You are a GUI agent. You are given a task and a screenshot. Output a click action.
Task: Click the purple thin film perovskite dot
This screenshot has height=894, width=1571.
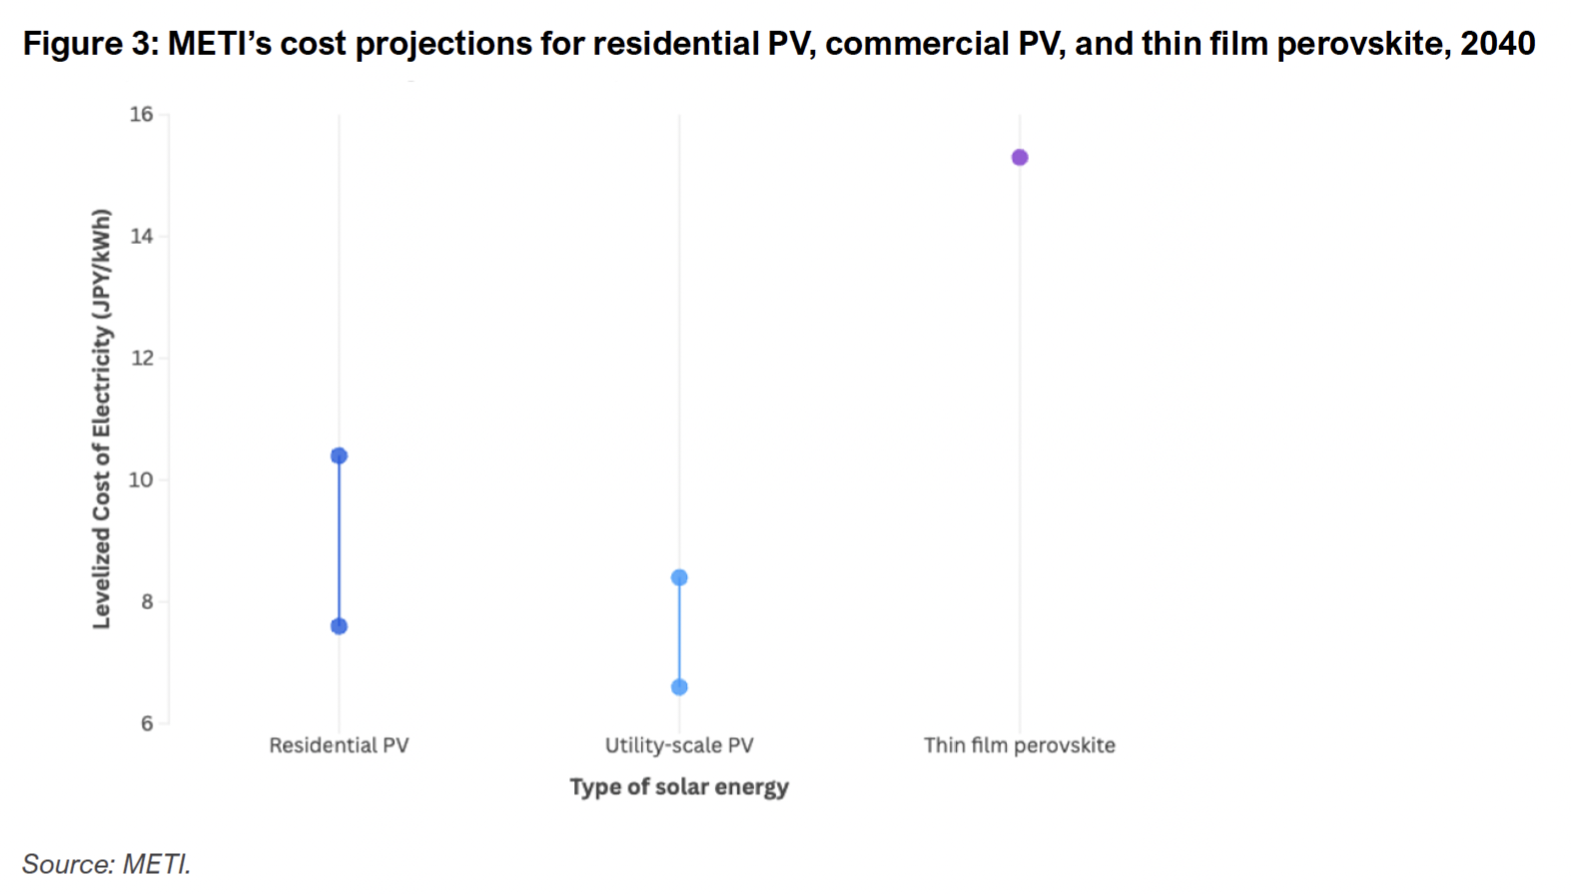point(1019,157)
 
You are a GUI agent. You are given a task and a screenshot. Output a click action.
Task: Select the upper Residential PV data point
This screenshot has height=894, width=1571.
point(339,455)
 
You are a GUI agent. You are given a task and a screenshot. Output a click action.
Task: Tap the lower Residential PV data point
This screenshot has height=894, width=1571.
point(339,626)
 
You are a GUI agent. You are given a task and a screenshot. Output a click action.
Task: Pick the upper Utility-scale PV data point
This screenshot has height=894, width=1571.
point(679,577)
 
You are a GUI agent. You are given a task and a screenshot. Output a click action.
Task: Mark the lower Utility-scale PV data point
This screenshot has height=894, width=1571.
point(679,687)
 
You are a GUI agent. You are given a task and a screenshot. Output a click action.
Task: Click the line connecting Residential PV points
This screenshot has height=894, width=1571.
point(339,540)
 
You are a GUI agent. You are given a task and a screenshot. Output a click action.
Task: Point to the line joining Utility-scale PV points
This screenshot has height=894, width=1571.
point(679,632)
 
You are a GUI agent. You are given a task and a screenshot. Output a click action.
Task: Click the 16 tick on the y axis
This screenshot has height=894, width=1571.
point(142,115)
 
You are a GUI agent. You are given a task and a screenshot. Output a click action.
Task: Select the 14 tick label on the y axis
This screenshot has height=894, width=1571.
point(142,237)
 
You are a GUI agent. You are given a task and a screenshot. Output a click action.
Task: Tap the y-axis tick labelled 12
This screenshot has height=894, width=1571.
point(142,359)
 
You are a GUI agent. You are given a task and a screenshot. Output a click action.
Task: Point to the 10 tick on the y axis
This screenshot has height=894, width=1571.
point(142,480)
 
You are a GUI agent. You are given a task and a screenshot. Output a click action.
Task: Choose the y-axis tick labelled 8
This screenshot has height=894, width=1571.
point(147,602)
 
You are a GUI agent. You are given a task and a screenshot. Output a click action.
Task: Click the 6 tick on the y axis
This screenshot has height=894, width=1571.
point(147,723)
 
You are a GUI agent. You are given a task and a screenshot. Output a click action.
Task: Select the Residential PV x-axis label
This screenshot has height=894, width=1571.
point(339,745)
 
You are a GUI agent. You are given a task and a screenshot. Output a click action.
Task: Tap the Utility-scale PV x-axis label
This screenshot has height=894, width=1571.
point(679,745)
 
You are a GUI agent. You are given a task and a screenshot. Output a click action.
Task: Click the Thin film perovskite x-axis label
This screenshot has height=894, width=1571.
point(1019,745)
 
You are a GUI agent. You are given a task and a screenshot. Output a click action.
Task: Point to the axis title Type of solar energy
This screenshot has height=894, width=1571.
point(679,787)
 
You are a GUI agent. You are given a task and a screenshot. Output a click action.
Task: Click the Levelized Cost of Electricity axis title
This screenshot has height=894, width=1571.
point(101,419)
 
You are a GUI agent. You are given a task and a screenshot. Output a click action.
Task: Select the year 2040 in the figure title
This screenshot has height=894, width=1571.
point(1497,44)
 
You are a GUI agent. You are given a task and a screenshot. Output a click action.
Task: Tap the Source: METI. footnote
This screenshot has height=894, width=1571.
point(106,863)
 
